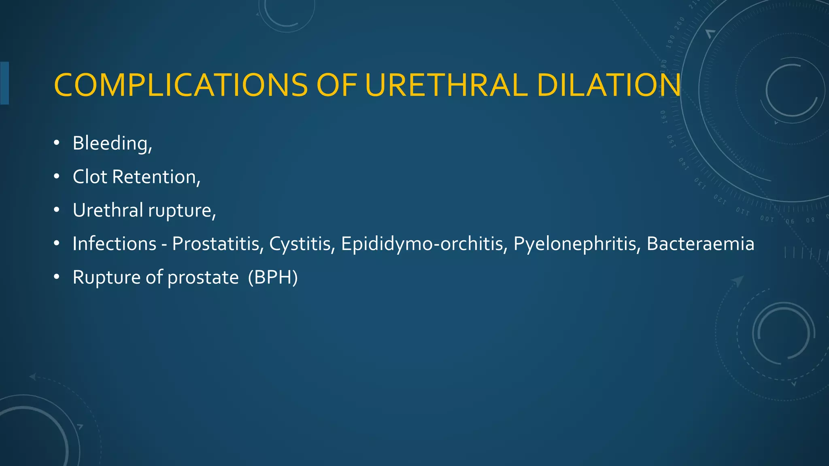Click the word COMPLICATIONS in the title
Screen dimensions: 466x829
coord(181,85)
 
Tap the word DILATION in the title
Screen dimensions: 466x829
coord(609,85)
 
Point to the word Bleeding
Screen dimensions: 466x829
coord(112,144)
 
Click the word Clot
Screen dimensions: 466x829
coord(90,177)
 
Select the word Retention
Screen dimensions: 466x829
coord(156,177)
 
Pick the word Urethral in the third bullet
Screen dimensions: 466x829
coord(108,210)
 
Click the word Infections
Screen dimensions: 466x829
coord(115,244)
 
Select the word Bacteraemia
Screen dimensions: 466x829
coord(700,244)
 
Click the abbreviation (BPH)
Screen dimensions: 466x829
coord(273,277)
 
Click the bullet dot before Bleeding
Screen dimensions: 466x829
coord(57,143)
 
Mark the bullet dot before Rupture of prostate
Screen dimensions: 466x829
coord(57,277)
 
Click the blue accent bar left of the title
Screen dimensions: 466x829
coord(4,83)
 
